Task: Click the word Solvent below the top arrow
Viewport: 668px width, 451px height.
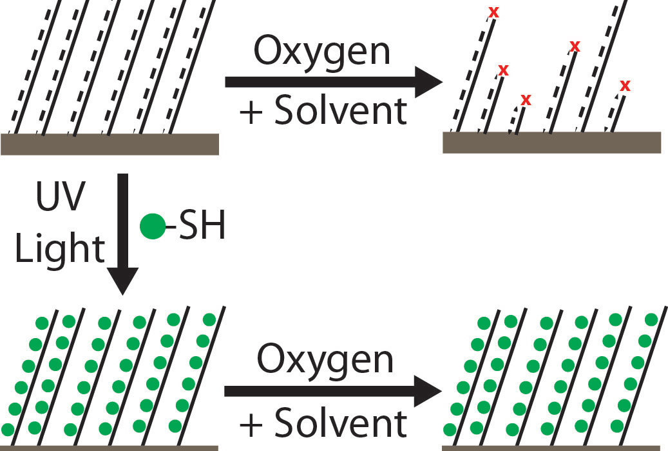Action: tap(341, 111)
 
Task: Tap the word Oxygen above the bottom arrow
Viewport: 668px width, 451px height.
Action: tap(325, 359)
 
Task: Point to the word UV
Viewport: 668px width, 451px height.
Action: tap(59, 199)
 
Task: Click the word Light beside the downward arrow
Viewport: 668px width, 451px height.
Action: tap(60, 248)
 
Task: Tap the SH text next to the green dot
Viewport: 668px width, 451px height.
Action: tap(200, 228)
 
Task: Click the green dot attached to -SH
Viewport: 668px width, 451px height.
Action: tap(153, 228)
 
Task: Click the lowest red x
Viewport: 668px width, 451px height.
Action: tap(526, 99)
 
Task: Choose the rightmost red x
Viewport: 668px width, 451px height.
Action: tap(624, 85)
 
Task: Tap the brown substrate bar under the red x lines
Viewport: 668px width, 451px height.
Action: tap(551, 143)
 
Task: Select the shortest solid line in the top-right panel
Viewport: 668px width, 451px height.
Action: tap(520, 121)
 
